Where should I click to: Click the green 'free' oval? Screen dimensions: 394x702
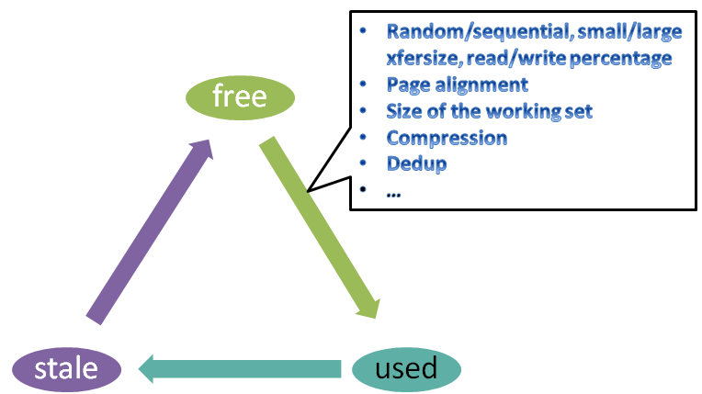(239, 96)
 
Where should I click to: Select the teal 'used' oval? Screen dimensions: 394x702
(406, 368)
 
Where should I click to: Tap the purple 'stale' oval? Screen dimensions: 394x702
(66, 368)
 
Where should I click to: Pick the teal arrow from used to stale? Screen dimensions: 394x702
(239, 368)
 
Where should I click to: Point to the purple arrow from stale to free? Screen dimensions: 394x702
(152, 230)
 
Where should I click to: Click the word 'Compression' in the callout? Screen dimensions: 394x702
(447, 138)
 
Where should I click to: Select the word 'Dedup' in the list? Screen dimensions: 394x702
(416, 164)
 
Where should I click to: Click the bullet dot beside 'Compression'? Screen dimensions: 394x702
(364, 138)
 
